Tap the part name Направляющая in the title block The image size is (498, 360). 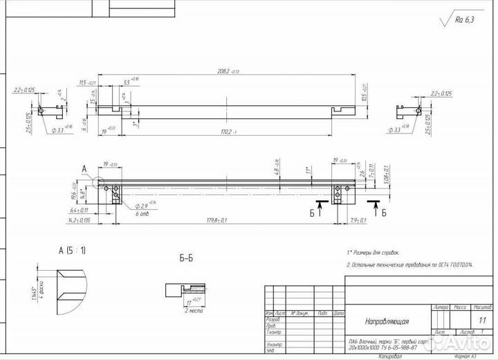[387, 321]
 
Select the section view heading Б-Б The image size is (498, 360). [186, 258]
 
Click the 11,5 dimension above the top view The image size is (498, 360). [88, 83]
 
